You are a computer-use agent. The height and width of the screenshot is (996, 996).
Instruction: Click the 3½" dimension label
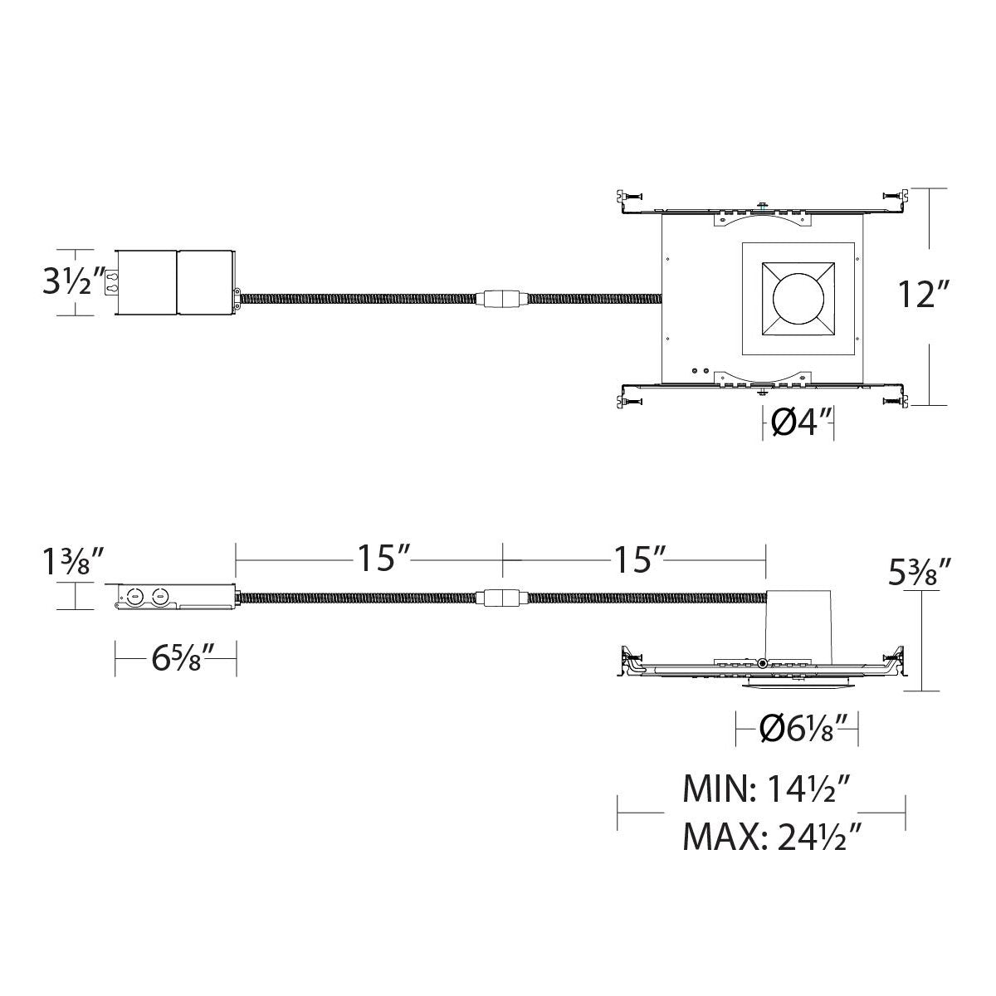click(73, 282)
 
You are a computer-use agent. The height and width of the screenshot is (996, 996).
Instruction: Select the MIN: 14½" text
click(767, 803)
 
